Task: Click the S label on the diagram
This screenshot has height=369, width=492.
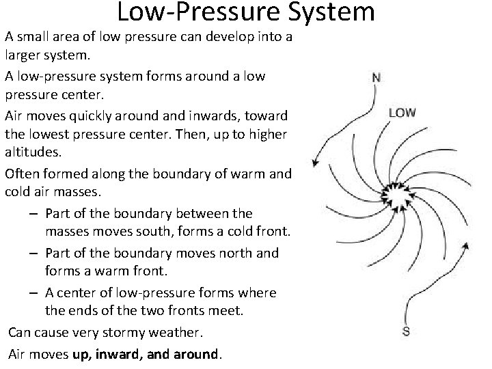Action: (406, 333)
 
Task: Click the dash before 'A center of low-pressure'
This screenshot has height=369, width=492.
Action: (33, 292)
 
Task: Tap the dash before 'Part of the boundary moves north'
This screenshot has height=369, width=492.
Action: (33, 253)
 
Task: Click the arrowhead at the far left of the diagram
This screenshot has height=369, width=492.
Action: (316, 163)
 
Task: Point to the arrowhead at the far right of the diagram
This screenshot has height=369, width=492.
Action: (467, 244)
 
